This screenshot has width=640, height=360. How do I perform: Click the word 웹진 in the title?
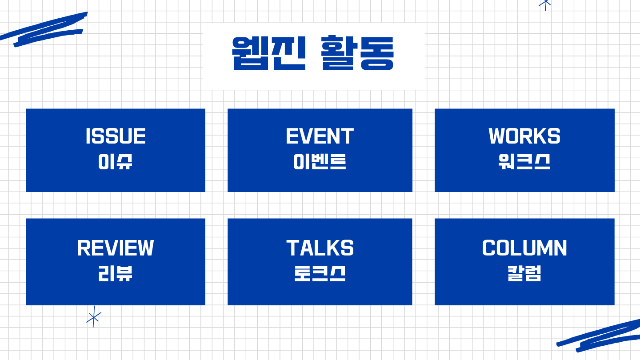[x=269, y=53]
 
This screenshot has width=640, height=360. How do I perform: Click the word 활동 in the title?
[x=357, y=53]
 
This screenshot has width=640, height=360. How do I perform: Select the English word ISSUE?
[x=116, y=136]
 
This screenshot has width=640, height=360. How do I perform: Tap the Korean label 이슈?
[x=115, y=162]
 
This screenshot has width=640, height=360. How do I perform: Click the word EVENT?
[x=320, y=136]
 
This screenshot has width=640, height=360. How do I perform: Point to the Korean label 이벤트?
[x=320, y=162]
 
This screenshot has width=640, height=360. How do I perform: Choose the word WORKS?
[x=524, y=136]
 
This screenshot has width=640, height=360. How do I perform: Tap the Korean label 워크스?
[x=524, y=162]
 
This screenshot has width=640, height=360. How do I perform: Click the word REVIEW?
[x=116, y=248]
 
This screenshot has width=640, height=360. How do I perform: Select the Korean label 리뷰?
[x=115, y=273]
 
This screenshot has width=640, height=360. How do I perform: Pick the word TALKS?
[x=320, y=248]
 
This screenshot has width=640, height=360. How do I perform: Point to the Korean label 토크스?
[x=320, y=273]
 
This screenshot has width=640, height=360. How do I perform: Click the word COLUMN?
[x=524, y=248]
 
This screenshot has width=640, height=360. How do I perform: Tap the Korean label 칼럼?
[x=524, y=273]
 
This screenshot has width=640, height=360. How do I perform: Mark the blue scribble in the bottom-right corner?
[x=599, y=336]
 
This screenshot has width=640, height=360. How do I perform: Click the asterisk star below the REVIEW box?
[x=94, y=317]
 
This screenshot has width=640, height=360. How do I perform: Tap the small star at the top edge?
[x=545, y=5]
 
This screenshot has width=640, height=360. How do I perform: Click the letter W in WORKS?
[x=497, y=136]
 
